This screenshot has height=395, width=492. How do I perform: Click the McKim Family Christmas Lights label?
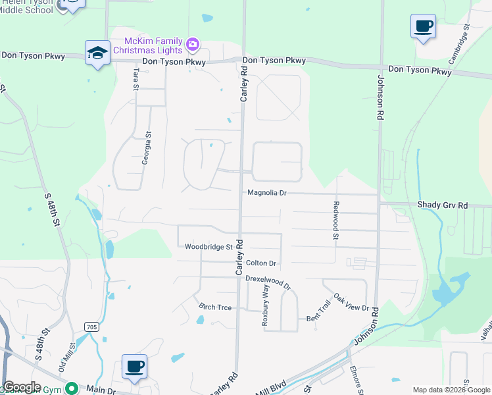pyautogui.click(x=149, y=45)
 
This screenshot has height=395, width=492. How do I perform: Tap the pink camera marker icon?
pyautogui.click(x=193, y=45)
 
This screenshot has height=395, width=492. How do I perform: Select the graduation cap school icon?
pyautogui.click(x=97, y=52)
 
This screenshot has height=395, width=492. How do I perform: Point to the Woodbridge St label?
pyautogui.click(x=209, y=248)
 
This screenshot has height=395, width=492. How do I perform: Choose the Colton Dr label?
pyautogui.click(x=260, y=263)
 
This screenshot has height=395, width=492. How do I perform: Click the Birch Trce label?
pyautogui.click(x=216, y=307)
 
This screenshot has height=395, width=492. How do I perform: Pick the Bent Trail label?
pyautogui.click(x=317, y=319)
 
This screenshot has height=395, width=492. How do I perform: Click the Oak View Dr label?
pyautogui.click(x=352, y=303)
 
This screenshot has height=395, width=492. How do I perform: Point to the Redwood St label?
pyautogui.click(x=335, y=220)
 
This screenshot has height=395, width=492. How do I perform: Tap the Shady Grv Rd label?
pyautogui.click(x=442, y=205)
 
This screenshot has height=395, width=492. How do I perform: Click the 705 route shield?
pyautogui.click(x=91, y=327)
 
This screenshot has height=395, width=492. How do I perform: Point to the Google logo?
pyautogui.click(x=22, y=387)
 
